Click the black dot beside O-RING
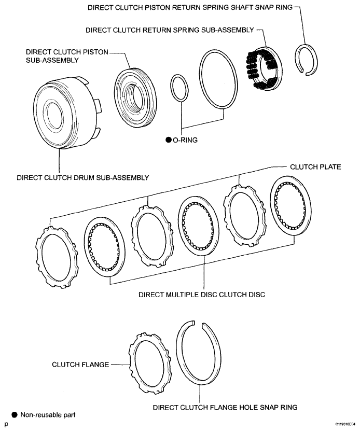(x=169, y=140)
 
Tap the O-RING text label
(x=185, y=140)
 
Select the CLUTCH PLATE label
(x=315, y=167)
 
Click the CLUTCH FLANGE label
(x=80, y=365)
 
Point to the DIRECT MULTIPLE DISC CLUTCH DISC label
(x=201, y=295)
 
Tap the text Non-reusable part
(x=48, y=415)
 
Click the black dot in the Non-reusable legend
(x=15, y=415)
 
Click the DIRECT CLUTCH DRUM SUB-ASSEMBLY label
(x=82, y=178)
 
